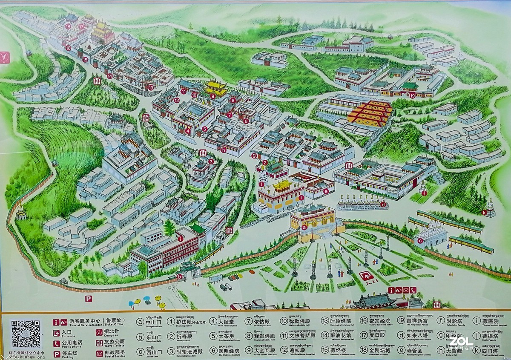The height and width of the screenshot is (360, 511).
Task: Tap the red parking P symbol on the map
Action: tap(88, 299)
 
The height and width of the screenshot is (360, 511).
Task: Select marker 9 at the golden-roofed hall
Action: tap(212, 96)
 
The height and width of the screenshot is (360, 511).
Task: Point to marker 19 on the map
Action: tap(412, 95)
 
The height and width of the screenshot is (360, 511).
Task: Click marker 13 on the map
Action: tap(151, 87)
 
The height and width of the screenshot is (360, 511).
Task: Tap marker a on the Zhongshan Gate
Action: tap(304, 228)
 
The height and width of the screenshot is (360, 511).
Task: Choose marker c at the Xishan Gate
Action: tap(420, 241)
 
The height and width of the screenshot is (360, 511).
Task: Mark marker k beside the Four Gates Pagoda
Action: tap(484, 212)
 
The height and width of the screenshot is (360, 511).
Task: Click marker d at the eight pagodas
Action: tap(383, 204)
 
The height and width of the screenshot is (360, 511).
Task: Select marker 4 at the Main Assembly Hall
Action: tap(188, 131)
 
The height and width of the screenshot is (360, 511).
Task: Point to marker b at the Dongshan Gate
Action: tap(180, 276)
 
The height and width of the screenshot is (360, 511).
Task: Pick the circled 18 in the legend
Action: tap(364, 351)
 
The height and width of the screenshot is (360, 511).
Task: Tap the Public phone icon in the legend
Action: tap(56, 343)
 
